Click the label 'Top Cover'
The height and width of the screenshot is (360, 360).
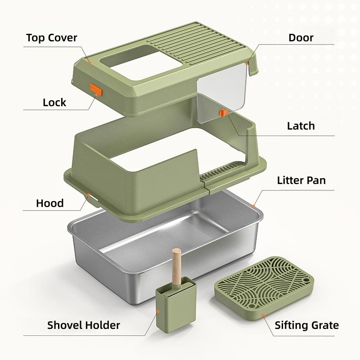[x=51, y=37]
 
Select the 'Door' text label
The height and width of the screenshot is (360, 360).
[x=301, y=37]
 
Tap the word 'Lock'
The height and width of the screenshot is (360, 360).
[x=54, y=103]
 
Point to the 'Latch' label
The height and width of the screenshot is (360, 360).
[x=301, y=126]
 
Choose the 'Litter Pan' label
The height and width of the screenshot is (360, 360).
[x=301, y=180]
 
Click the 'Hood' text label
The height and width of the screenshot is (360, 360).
[x=49, y=203]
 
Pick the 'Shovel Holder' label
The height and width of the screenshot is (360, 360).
[x=84, y=325]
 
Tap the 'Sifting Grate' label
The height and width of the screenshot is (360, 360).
[x=306, y=325]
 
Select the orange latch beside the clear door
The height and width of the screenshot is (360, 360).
[x=222, y=113]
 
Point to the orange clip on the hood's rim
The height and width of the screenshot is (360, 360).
[x=89, y=195]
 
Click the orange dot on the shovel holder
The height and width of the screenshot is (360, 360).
[x=158, y=311]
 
